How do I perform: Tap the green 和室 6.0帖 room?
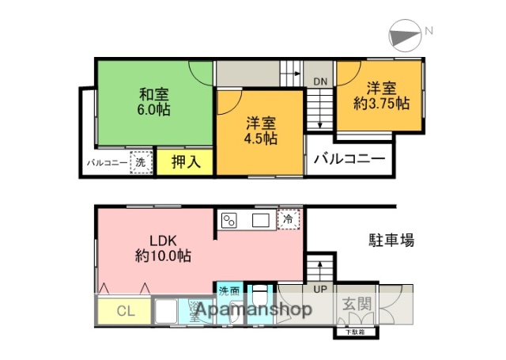154,101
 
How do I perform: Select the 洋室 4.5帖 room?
260,131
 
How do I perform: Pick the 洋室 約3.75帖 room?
380,95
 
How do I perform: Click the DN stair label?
320,81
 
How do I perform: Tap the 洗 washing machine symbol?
140,162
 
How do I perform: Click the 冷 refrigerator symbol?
289,218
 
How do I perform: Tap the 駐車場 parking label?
391,240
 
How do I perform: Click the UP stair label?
319,289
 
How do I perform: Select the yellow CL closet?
124,310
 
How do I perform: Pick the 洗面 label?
229,290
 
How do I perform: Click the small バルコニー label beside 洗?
105,163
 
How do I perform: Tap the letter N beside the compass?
429,31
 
